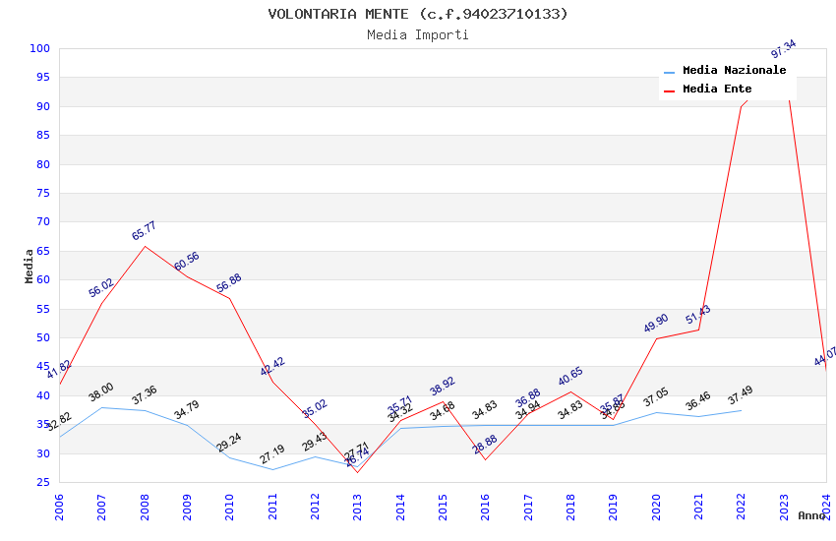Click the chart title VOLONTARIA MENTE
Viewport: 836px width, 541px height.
[x=418, y=14]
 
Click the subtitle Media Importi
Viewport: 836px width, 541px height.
[x=418, y=34]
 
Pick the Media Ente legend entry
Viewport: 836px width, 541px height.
[x=717, y=90]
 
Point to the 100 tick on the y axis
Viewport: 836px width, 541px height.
[x=40, y=49]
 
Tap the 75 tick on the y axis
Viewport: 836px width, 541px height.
[x=43, y=193]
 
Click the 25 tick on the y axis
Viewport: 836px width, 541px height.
[x=43, y=482]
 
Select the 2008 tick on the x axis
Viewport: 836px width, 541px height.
[x=145, y=507]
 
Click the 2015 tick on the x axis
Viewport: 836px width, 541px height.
[x=443, y=507]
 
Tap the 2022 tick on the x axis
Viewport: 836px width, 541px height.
[x=741, y=507]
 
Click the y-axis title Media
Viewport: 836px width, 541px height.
[x=30, y=266]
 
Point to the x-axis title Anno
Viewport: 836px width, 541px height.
[x=811, y=515]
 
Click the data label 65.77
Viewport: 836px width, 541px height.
[x=145, y=232]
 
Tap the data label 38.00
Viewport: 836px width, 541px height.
[x=101, y=392]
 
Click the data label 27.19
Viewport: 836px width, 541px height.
[x=272, y=454]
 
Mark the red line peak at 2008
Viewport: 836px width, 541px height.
[x=145, y=246]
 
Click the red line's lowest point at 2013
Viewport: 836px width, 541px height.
[x=357, y=472]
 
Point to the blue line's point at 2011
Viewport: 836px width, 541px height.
[x=272, y=469]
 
